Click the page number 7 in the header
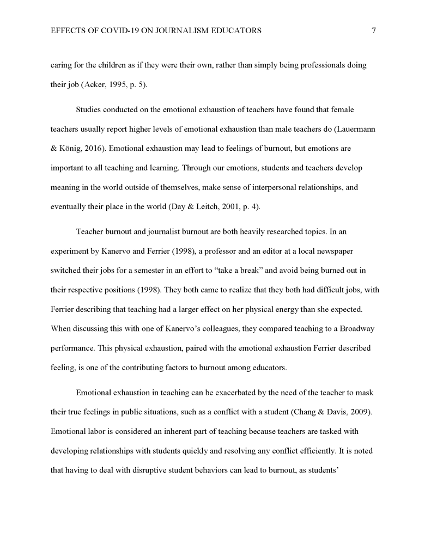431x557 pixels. click(373, 31)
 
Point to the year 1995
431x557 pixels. click(115, 86)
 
